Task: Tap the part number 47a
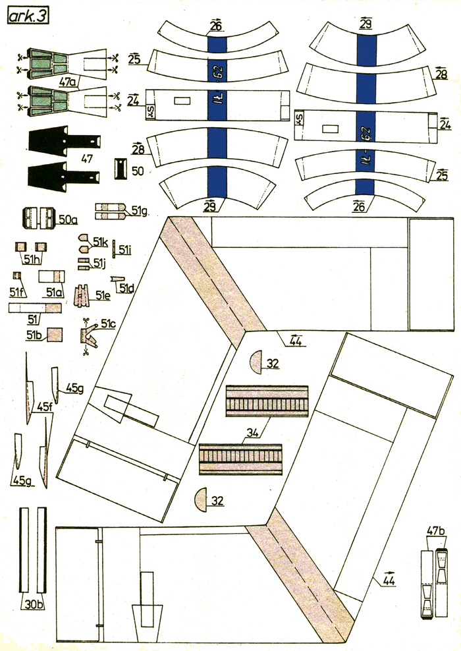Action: [68, 82]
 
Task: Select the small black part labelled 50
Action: [121, 167]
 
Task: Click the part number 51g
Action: [139, 211]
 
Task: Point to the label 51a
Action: [54, 291]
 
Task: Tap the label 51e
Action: [102, 297]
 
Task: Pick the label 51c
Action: [108, 324]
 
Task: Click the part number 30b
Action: [32, 604]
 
